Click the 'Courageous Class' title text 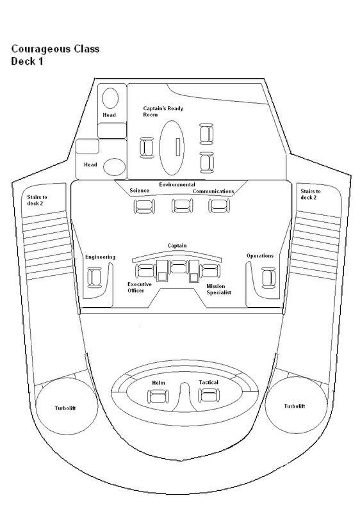point(55,49)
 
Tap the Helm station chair point(159,396)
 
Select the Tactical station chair point(209,396)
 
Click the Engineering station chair point(95,277)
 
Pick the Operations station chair point(268,278)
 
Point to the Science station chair point(144,206)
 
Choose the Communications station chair point(219,205)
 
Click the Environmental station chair point(183,205)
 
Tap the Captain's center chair point(178,266)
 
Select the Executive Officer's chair point(145,271)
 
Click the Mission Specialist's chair point(209,271)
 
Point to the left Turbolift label point(65,408)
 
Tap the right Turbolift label point(294,406)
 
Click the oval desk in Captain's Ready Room point(172,148)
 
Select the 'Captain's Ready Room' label point(163,111)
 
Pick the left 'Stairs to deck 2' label point(37,200)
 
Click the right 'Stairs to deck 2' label point(310,195)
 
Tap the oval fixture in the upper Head point(110,98)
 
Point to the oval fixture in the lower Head point(114,167)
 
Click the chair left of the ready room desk point(147,148)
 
